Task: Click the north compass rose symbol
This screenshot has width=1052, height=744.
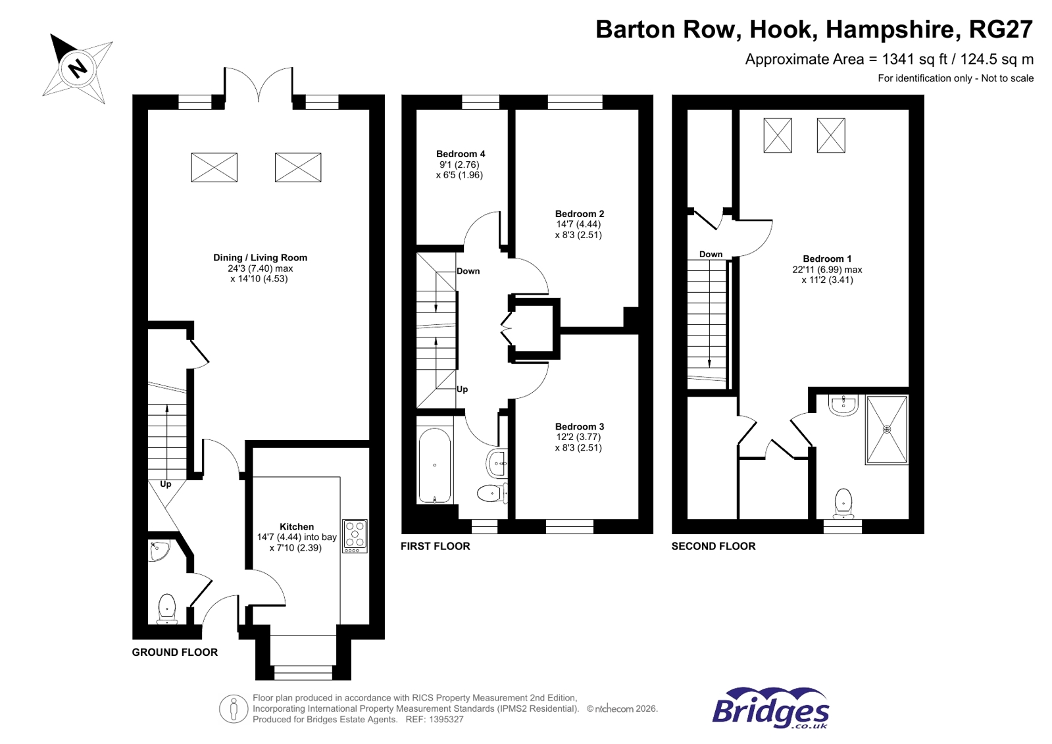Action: pos(78,68)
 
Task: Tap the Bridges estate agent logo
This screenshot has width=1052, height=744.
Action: pos(770,708)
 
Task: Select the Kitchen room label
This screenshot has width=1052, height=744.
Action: pos(297,526)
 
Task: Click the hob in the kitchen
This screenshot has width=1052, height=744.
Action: pos(355,535)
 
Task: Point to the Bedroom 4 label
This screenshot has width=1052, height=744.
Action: pos(461,154)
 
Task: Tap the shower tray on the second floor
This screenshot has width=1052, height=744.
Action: pos(886,429)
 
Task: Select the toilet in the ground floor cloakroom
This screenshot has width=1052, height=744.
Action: pos(167,608)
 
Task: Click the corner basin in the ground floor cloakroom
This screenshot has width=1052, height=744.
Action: pos(159,550)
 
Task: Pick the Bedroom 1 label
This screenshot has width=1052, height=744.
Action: pos(827,259)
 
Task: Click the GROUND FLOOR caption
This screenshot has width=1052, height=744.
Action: pos(174,652)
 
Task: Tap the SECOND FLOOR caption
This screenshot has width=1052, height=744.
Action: pos(713,546)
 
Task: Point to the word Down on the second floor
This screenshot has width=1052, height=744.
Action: pos(711,254)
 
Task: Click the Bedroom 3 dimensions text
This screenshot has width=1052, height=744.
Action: pos(578,442)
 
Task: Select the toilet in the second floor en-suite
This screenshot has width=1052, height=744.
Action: pos(843,503)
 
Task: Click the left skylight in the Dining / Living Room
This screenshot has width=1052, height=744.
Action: pos(214,167)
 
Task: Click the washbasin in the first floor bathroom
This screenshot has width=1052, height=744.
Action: pos(497,463)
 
